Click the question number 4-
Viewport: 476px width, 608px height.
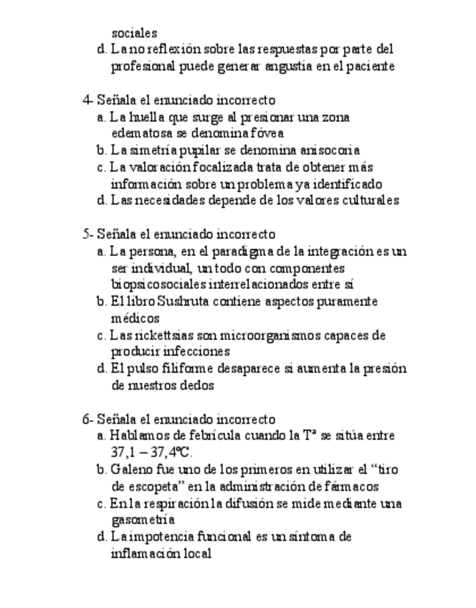pos(87,100)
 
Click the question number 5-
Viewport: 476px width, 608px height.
pos(87,234)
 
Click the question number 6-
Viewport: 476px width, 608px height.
pos(87,419)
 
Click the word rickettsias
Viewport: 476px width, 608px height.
pos(159,335)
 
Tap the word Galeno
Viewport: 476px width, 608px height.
pos(130,470)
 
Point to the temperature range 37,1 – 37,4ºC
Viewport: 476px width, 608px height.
pos(152,452)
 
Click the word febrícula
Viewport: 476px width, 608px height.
pos(216,436)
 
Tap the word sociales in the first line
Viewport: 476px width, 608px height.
pos(134,33)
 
